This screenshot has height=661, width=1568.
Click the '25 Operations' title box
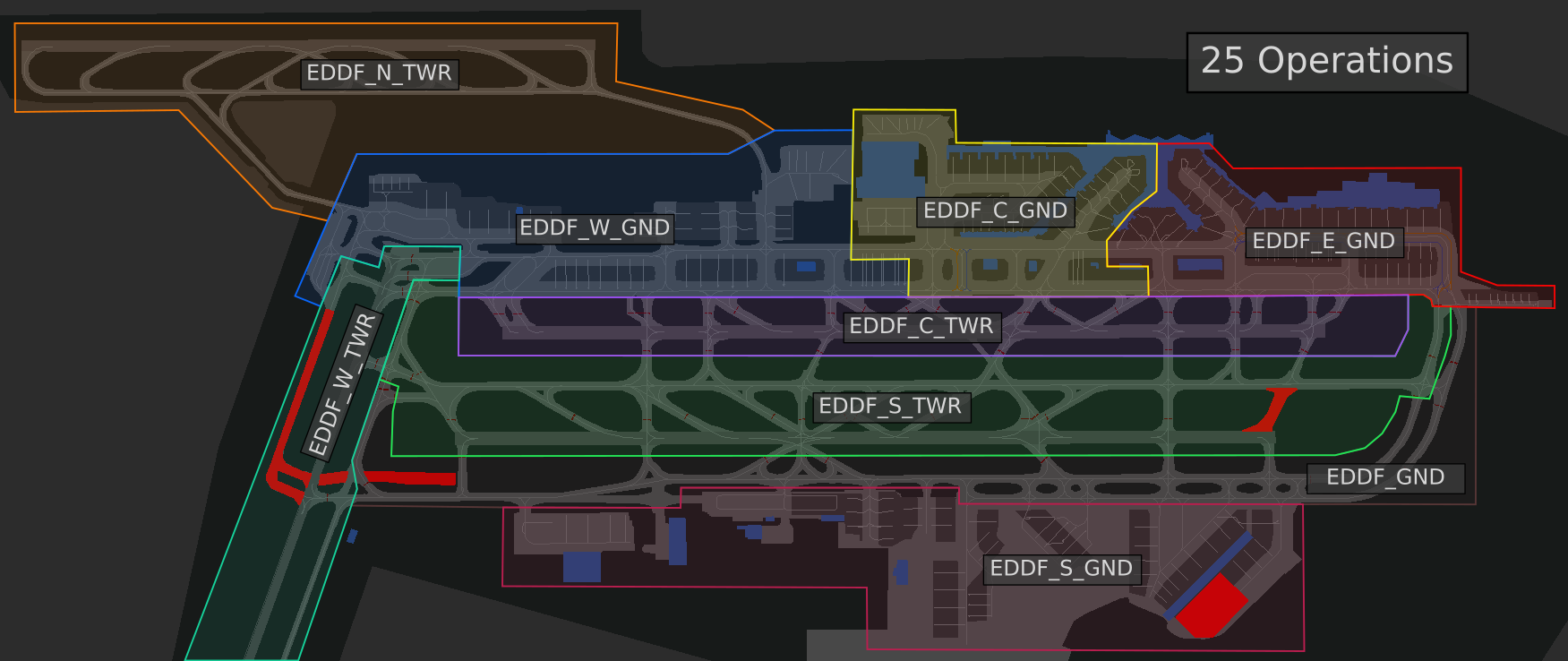(x=1327, y=63)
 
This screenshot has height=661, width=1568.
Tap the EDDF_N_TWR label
(x=379, y=73)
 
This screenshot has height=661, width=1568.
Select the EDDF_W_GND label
(x=595, y=228)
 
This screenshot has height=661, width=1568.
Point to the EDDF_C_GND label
(x=996, y=211)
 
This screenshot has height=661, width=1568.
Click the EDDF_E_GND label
(x=1324, y=242)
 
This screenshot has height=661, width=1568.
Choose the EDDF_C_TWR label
(x=921, y=326)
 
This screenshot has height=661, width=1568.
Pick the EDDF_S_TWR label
(x=890, y=407)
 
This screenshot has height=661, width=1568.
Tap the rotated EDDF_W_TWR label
(x=343, y=383)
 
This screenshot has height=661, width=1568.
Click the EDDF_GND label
(x=1385, y=477)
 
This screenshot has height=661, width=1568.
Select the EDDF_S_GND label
(x=1061, y=569)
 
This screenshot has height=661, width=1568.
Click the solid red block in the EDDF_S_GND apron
(x=1211, y=606)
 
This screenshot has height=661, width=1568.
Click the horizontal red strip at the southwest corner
(x=407, y=478)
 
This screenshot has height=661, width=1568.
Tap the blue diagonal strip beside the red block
(x=1207, y=575)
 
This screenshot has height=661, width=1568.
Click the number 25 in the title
(x=1222, y=61)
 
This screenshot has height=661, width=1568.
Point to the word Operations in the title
(x=1355, y=62)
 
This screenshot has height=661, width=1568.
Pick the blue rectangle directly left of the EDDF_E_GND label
(x=1200, y=265)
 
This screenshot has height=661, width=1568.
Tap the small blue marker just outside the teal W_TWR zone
(x=352, y=537)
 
